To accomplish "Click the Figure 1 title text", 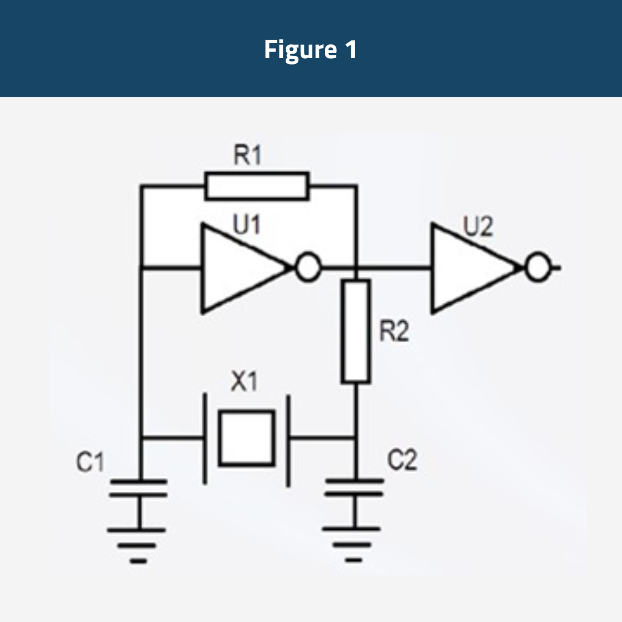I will pos(310,50).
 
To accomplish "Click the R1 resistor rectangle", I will pos(257,186).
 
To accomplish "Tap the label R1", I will pos(247,157).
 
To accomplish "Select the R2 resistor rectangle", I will pos(355,331).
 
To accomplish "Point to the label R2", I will pos(394,332).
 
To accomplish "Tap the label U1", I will pos(247,225).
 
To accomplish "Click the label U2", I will pos(479,227).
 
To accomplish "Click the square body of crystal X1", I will pos(246,438).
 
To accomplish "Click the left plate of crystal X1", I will pos(204,439).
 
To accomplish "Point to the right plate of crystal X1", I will pos(288,439).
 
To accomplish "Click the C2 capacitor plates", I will pos(354,487).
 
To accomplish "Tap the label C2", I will pos(401,461).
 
